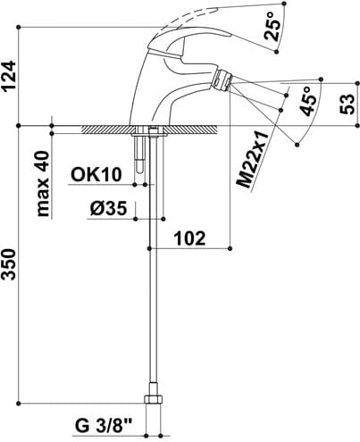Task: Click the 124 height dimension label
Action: pyautogui.click(x=9, y=76)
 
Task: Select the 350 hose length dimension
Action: pyautogui.click(x=9, y=264)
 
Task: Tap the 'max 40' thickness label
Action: pyautogui.click(x=43, y=184)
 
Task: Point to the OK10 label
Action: pyautogui.click(x=96, y=175)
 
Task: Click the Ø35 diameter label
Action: pyautogui.click(x=109, y=208)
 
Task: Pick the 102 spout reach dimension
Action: pyautogui.click(x=189, y=238)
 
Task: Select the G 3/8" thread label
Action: pyautogui.click(x=104, y=426)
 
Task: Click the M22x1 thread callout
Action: pyautogui.click(x=253, y=159)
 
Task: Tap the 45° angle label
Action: pyautogui.click(x=309, y=101)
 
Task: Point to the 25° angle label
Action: pyautogui.click(x=272, y=27)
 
